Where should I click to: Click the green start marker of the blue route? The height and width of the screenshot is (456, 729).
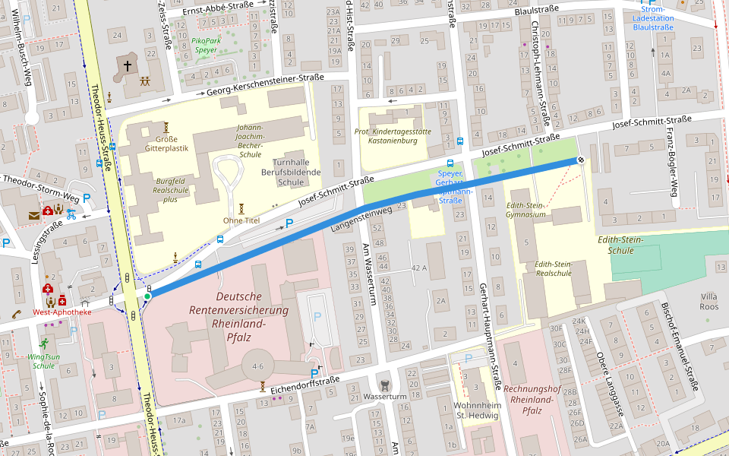147,296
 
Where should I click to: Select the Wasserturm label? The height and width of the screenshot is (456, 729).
386,396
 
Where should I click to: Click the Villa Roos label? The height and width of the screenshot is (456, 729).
708,301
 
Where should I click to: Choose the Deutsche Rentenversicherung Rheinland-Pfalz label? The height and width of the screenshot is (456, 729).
251,310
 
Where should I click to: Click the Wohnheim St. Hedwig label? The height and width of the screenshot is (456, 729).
477,410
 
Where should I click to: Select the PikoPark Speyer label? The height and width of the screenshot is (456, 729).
204,44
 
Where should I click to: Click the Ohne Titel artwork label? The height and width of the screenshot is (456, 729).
241,220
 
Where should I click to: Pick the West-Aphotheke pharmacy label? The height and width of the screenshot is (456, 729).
62,312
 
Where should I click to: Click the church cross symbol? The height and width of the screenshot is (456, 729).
128,66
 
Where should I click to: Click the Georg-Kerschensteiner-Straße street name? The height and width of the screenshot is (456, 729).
260,85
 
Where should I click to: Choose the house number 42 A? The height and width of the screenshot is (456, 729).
419,268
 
